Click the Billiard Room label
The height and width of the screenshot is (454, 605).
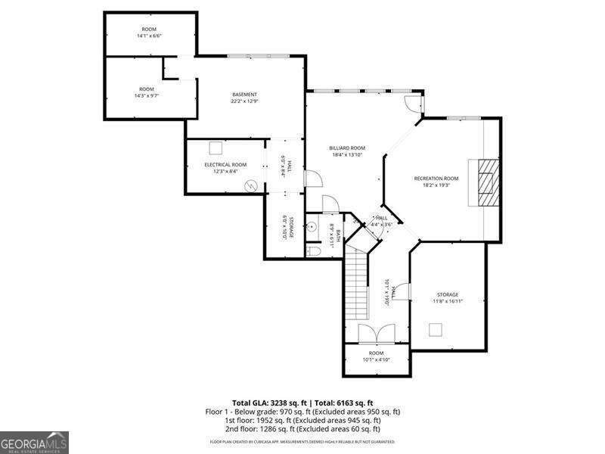(347, 148)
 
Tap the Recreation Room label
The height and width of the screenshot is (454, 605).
(436, 178)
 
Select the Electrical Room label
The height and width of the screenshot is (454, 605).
(225, 164)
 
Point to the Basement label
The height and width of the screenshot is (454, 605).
(245, 94)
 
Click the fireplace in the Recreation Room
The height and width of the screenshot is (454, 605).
(485, 182)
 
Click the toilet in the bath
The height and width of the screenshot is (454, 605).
(315, 250)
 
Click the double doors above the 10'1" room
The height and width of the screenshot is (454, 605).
(376, 334)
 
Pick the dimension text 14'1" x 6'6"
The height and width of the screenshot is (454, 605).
(150, 36)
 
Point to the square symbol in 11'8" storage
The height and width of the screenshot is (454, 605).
(435, 329)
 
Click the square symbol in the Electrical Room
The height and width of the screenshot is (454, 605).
(216, 148)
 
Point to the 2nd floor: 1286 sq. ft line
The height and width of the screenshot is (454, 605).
(302, 428)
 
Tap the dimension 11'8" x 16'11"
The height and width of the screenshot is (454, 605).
(448, 301)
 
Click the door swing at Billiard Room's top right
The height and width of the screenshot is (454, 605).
(413, 106)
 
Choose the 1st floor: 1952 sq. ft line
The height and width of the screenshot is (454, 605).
(302, 420)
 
